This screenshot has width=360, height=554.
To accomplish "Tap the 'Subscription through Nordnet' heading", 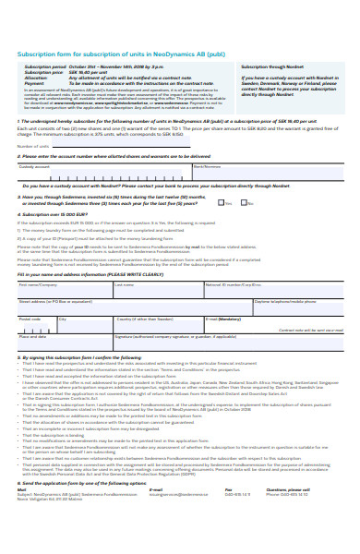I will coord(271,67).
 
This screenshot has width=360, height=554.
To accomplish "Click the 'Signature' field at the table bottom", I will coord(231,341).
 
